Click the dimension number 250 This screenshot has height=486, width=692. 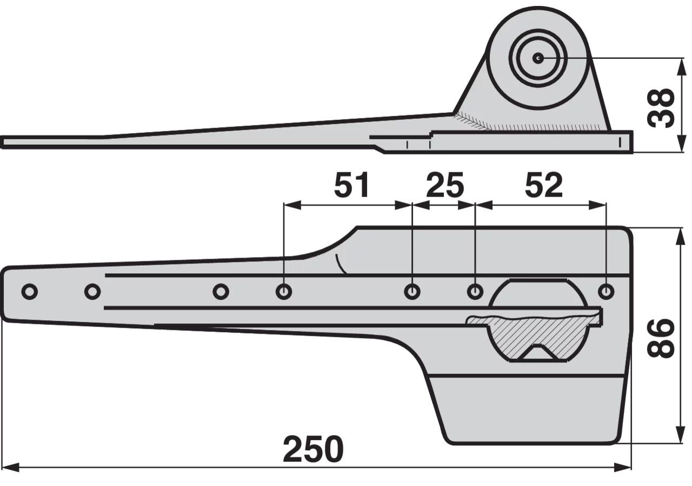[313, 449]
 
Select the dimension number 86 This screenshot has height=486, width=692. [660, 339]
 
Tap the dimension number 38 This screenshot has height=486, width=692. [660, 108]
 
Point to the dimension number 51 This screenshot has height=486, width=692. [351, 185]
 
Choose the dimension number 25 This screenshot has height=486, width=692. [445, 185]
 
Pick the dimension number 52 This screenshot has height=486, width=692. [544, 185]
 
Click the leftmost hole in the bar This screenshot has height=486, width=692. [30, 291]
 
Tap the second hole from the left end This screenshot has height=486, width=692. [92, 291]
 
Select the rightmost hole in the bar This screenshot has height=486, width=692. [606, 291]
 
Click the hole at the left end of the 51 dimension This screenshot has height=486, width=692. [284, 291]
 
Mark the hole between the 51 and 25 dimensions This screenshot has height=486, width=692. [412, 291]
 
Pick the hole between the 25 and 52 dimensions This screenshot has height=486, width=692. [475, 291]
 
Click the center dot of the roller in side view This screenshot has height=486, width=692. [538, 58]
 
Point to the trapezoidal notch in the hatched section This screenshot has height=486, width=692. [537, 353]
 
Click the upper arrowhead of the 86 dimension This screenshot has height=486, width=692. [681, 237]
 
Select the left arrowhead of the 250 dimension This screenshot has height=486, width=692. [10, 468]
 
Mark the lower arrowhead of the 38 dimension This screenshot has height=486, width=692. [681, 144]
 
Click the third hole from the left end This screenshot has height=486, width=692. [221, 291]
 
